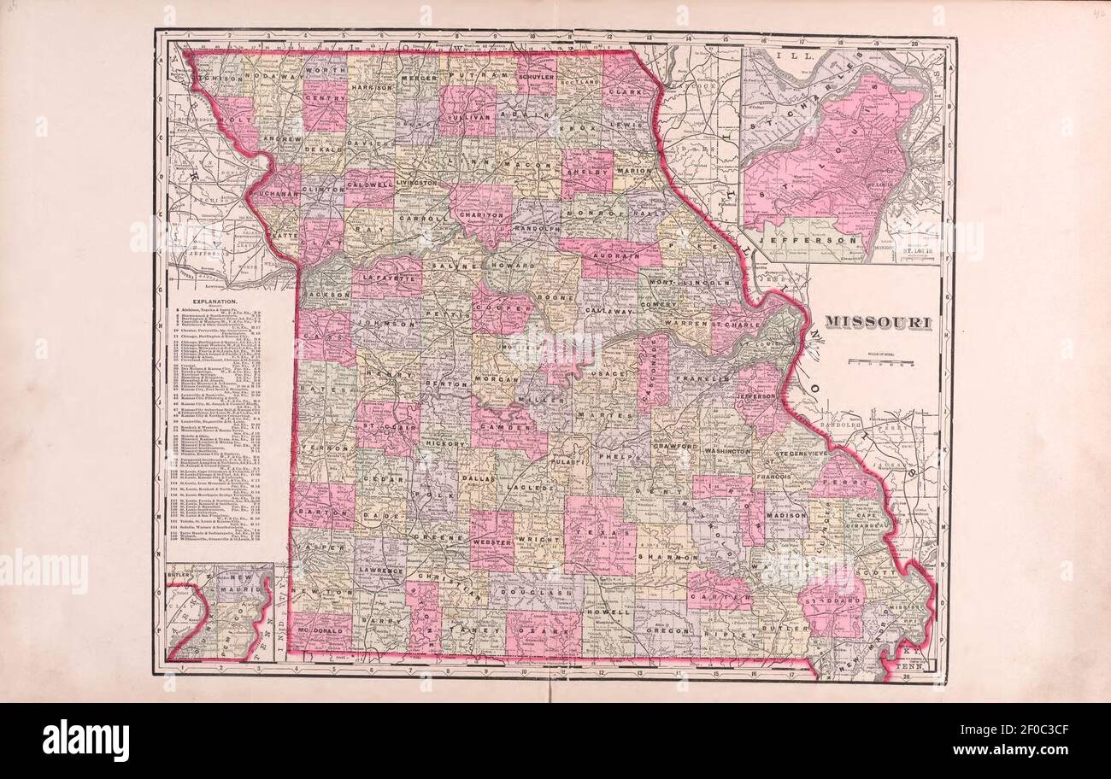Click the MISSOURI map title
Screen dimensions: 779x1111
click(877, 322)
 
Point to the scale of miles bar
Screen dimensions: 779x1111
click(880, 362)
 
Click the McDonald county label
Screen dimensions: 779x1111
click(320, 633)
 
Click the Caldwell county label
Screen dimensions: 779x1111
click(370, 184)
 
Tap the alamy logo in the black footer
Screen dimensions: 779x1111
click(85, 740)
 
